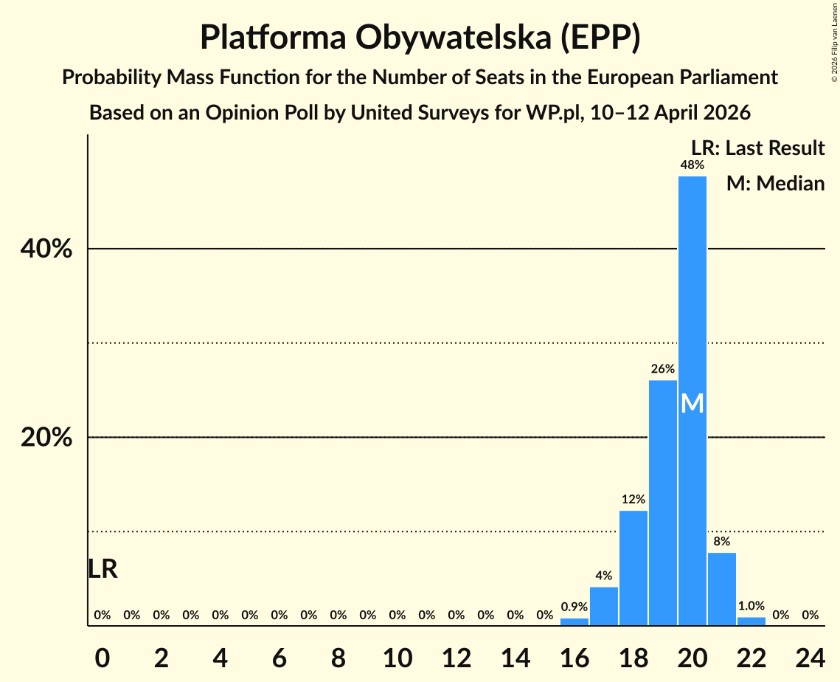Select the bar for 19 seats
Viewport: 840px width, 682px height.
click(x=662, y=503)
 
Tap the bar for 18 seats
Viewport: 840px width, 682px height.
click(x=633, y=568)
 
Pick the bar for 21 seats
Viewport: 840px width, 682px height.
click(x=721, y=588)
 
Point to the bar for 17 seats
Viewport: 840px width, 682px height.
click(x=603, y=606)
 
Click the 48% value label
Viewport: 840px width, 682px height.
click(x=692, y=165)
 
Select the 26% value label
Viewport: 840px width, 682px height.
click(x=662, y=368)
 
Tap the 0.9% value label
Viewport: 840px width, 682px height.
click(x=574, y=607)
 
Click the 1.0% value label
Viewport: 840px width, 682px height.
click(x=751, y=606)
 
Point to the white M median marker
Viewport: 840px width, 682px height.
click(x=692, y=404)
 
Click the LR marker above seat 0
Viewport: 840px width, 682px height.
click(x=103, y=569)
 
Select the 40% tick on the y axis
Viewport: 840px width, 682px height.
click(x=46, y=249)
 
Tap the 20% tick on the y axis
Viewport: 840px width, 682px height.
click(x=46, y=438)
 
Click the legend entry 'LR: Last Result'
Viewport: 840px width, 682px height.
click(x=757, y=148)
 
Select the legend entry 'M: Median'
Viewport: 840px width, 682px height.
click(x=774, y=183)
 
